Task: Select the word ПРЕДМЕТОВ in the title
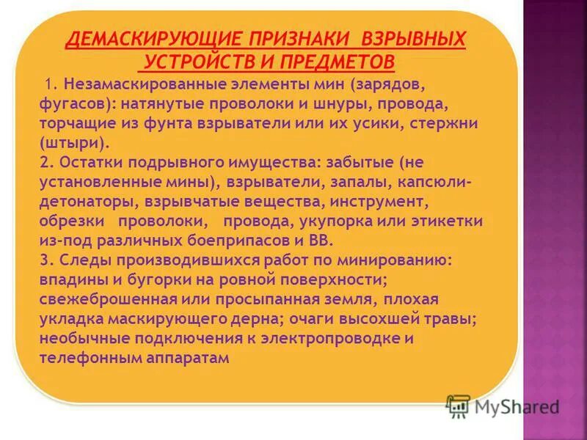pos(341,59)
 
